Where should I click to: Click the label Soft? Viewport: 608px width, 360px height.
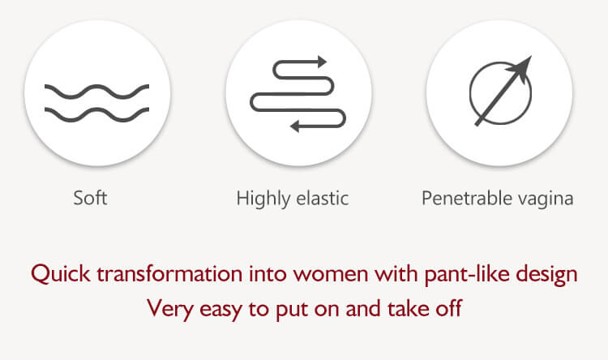pos(90,198)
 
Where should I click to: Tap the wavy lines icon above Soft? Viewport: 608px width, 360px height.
pos(97,103)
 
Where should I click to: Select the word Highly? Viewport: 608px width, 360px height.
pos(263,199)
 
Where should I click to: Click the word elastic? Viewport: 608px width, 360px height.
pos(322,198)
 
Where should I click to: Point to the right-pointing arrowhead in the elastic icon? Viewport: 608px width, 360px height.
pos(322,62)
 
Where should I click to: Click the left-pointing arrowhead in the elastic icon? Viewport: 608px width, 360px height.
pos(295,126)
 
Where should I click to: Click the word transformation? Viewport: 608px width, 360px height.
pos(169,273)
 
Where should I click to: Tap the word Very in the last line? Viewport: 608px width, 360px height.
pos(170,309)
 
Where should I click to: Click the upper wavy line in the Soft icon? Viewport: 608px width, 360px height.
pos(97,92)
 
